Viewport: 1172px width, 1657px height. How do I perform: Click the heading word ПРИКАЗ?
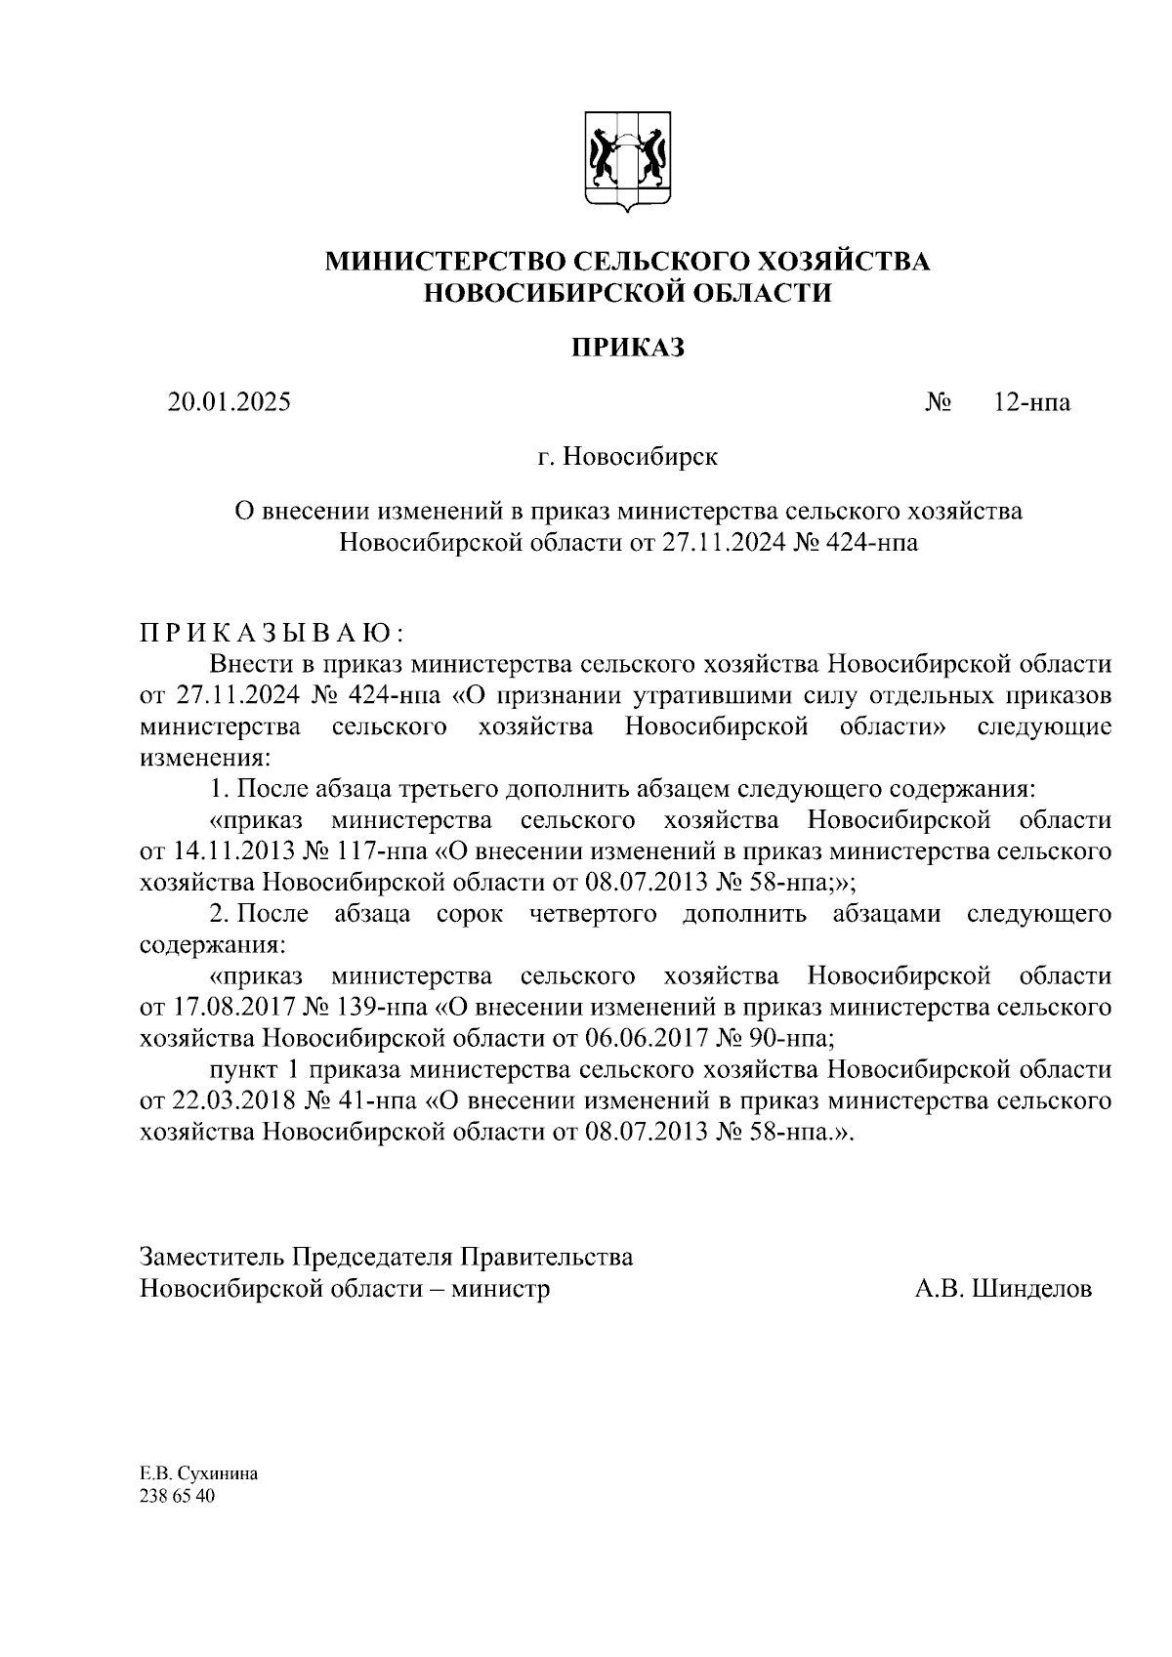click(627, 348)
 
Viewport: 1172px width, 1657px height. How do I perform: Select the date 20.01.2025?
click(230, 402)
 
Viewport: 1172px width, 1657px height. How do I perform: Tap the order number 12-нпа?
click(1031, 402)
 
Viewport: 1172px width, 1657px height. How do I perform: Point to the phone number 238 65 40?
click(177, 1496)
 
